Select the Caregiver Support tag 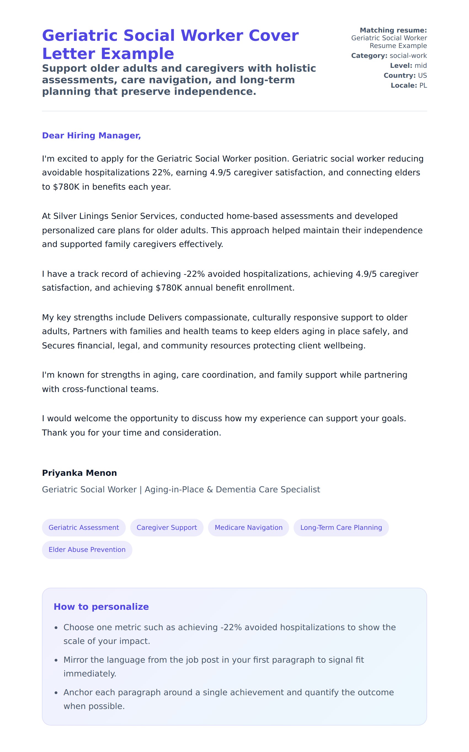click(x=167, y=527)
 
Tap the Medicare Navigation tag click(x=249, y=527)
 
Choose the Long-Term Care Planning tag click(x=341, y=527)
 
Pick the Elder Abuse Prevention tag click(x=87, y=549)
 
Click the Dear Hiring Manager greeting click(x=91, y=135)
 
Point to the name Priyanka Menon click(x=79, y=473)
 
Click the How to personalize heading click(x=101, y=607)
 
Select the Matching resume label click(x=393, y=30)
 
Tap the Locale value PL click(x=423, y=85)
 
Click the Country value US click(x=422, y=76)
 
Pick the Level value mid click(x=421, y=66)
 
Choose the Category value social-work click(x=408, y=56)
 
